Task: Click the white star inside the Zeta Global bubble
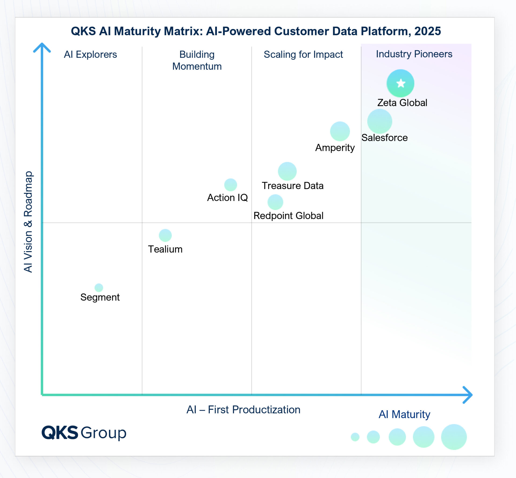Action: (x=401, y=83)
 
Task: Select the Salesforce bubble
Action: (x=379, y=121)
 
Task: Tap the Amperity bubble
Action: (x=340, y=131)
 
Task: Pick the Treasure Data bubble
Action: (x=287, y=171)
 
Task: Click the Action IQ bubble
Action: (x=230, y=185)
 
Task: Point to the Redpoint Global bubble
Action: (x=275, y=202)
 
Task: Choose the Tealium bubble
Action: (x=165, y=235)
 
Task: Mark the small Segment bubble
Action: (x=99, y=288)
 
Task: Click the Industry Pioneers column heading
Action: (x=414, y=54)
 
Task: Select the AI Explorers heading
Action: (x=90, y=55)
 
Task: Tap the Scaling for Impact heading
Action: (x=303, y=55)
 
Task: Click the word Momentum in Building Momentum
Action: (x=197, y=66)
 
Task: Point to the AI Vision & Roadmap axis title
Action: (x=28, y=222)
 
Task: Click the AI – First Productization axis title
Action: (x=243, y=410)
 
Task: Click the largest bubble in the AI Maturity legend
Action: (x=454, y=437)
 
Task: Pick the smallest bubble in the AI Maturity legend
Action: (x=355, y=437)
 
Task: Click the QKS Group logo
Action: (x=84, y=433)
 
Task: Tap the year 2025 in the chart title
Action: (x=427, y=31)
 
